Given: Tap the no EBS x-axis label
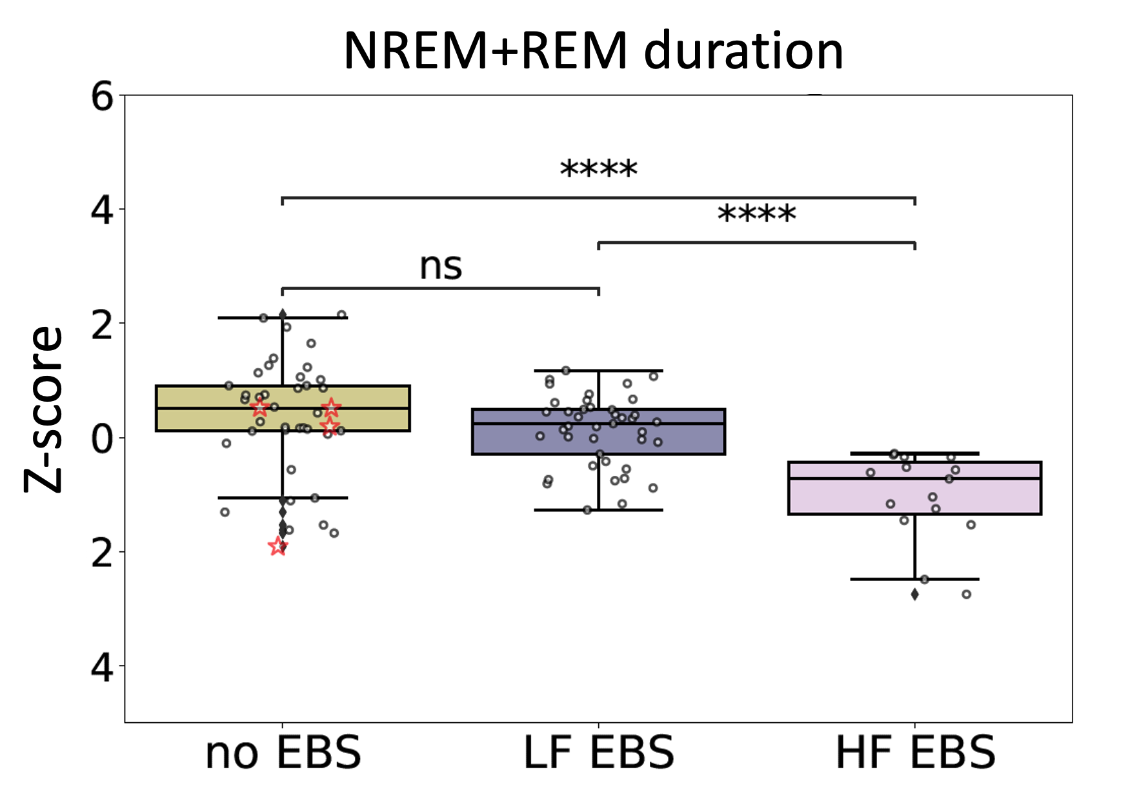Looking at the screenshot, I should tap(283, 752).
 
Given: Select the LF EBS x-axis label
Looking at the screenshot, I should tap(598, 752).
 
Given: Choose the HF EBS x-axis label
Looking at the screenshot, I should tap(915, 752).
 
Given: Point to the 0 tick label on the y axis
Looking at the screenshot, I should tap(102, 438).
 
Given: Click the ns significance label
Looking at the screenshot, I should tap(441, 266).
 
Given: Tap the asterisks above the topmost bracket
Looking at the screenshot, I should tap(598, 170).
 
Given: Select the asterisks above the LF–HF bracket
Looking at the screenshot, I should tap(756, 215).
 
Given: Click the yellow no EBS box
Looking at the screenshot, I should tap(194, 408).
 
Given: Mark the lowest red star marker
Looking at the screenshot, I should tap(278, 547).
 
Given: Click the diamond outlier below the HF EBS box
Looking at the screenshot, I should tap(914, 594).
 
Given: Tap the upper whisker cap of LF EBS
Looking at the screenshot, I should tap(598, 371).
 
